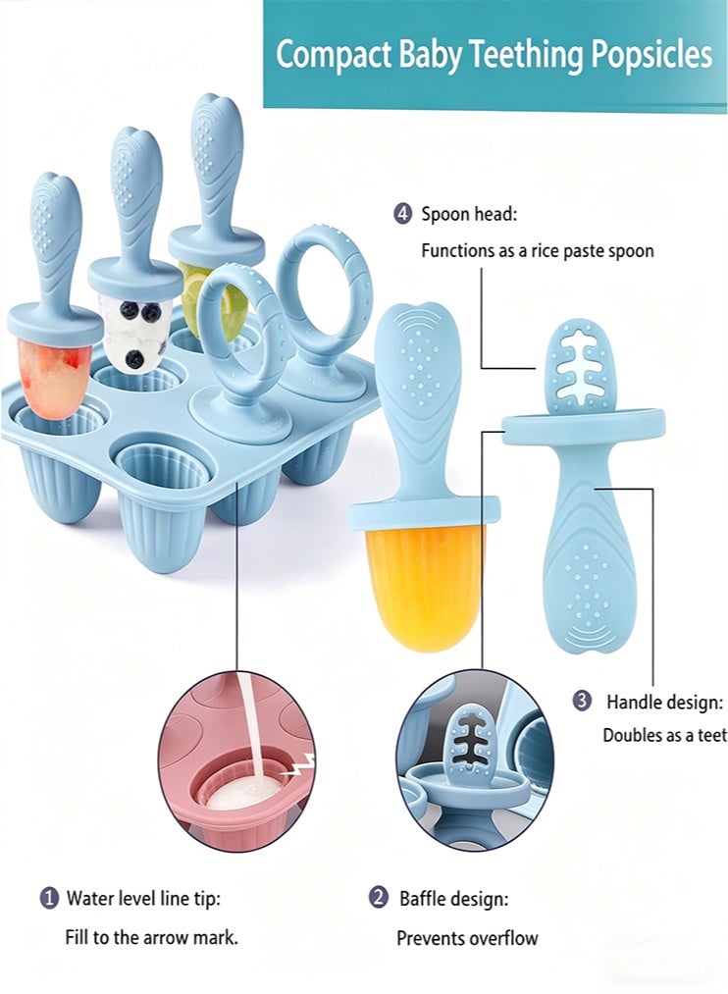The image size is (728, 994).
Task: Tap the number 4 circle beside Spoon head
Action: coord(402,214)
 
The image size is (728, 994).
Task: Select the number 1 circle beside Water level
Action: coord(49,898)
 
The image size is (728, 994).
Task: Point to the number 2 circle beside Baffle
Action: coord(379,898)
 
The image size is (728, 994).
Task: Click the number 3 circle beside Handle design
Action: coord(582,702)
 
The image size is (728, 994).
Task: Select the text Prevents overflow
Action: coord(467,938)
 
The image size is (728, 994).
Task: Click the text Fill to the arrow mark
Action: coord(152,938)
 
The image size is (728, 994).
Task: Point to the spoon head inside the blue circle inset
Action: coord(470,741)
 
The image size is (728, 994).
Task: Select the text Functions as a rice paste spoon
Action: coord(538,251)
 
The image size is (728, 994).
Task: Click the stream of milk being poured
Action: coord(252,729)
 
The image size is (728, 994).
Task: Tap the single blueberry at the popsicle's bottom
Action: coord(134,359)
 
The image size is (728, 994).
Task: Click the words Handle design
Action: coord(664,702)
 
